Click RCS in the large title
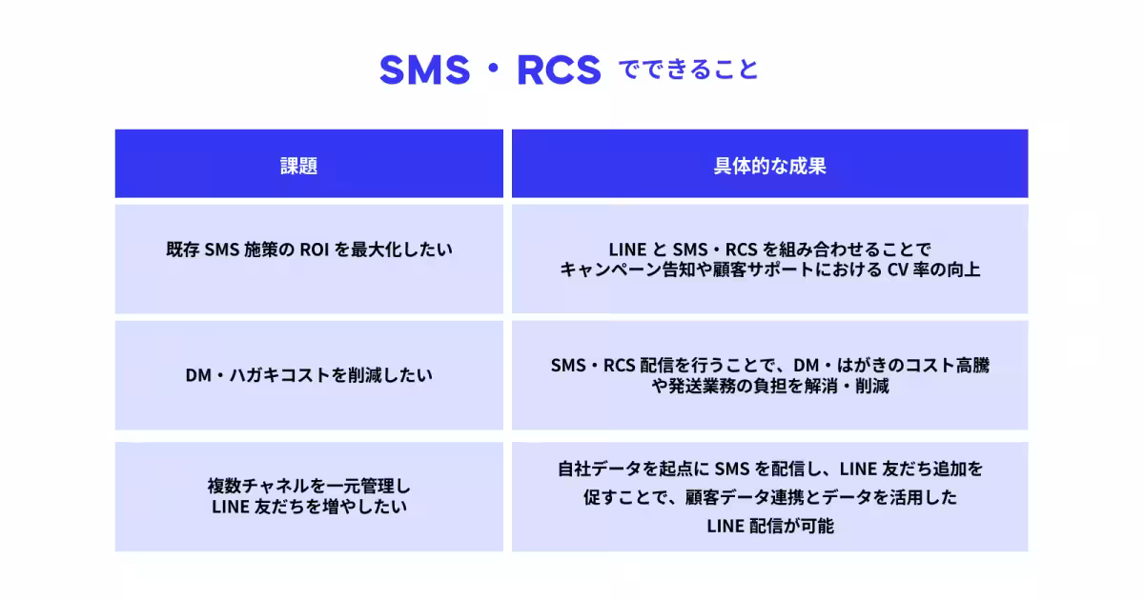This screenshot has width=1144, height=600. (x=558, y=70)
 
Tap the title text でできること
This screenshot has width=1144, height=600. (x=688, y=70)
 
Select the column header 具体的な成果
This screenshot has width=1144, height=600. (x=769, y=166)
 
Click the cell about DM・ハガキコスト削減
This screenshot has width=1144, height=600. (x=308, y=375)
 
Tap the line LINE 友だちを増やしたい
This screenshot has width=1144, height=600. (x=308, y=507)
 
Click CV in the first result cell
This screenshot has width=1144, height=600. (x=898, y=270)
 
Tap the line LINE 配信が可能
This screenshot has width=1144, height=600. (x=769, y=525)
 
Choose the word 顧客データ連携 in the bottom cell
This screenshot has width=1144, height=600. (x=713, y=497)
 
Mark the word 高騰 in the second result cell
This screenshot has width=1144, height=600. (x=971, y=365)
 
